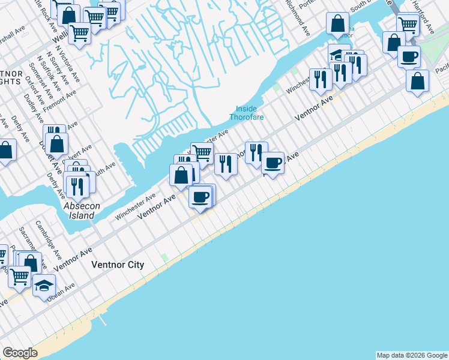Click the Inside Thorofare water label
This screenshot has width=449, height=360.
point(246,113)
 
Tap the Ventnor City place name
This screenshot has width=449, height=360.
point(118,265)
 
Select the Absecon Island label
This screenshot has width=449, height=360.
point(79,211)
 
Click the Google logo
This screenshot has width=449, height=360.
point(20,353)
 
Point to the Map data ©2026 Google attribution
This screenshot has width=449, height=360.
point(412,355)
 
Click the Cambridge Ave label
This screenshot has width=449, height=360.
point(47,239)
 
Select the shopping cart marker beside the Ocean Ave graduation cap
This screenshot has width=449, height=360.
point(20,275)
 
